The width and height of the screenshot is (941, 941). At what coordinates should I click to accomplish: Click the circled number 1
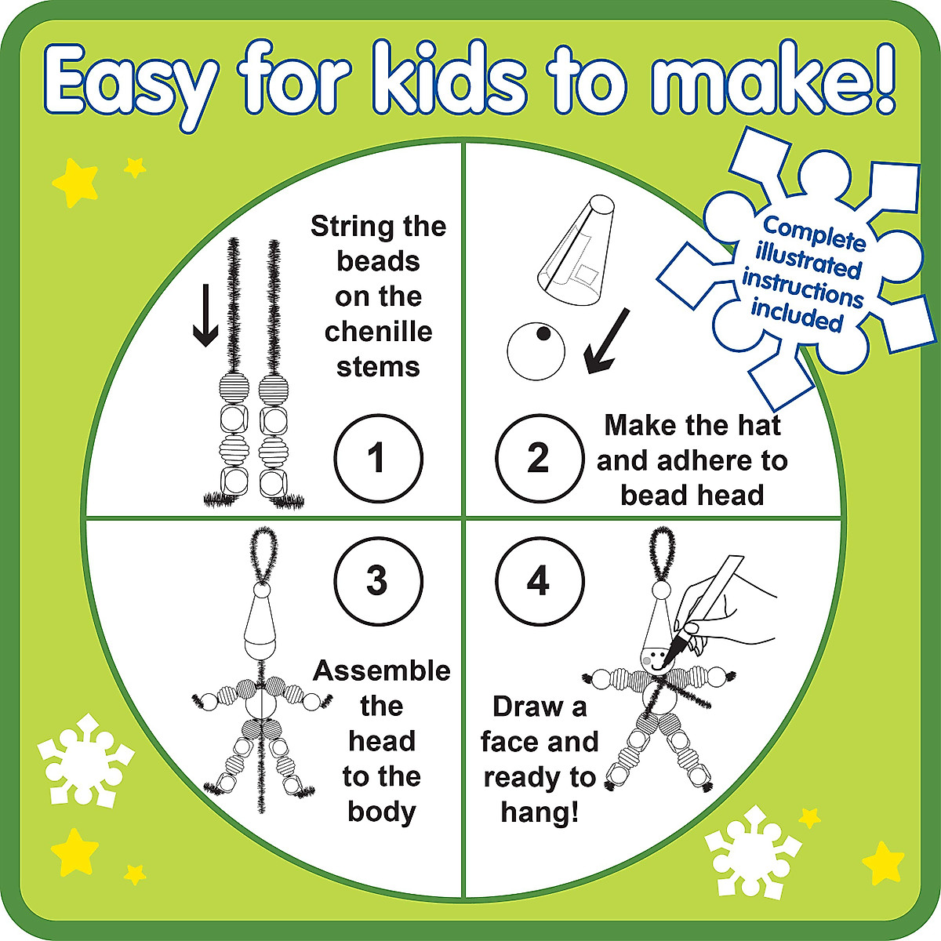(x=378, y=458)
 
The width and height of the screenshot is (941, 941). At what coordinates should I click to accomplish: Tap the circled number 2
(x=539, y=458)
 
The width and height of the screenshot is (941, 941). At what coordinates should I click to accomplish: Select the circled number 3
(x=378, y=581)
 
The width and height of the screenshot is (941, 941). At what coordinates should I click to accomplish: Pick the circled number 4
(x=539, y=581)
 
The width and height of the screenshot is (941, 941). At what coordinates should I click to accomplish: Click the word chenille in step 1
(x=378, y=332)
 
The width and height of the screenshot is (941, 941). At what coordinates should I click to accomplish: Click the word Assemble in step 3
(x=382, y=671)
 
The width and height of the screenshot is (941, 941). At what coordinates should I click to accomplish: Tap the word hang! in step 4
(x=540, y=812)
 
